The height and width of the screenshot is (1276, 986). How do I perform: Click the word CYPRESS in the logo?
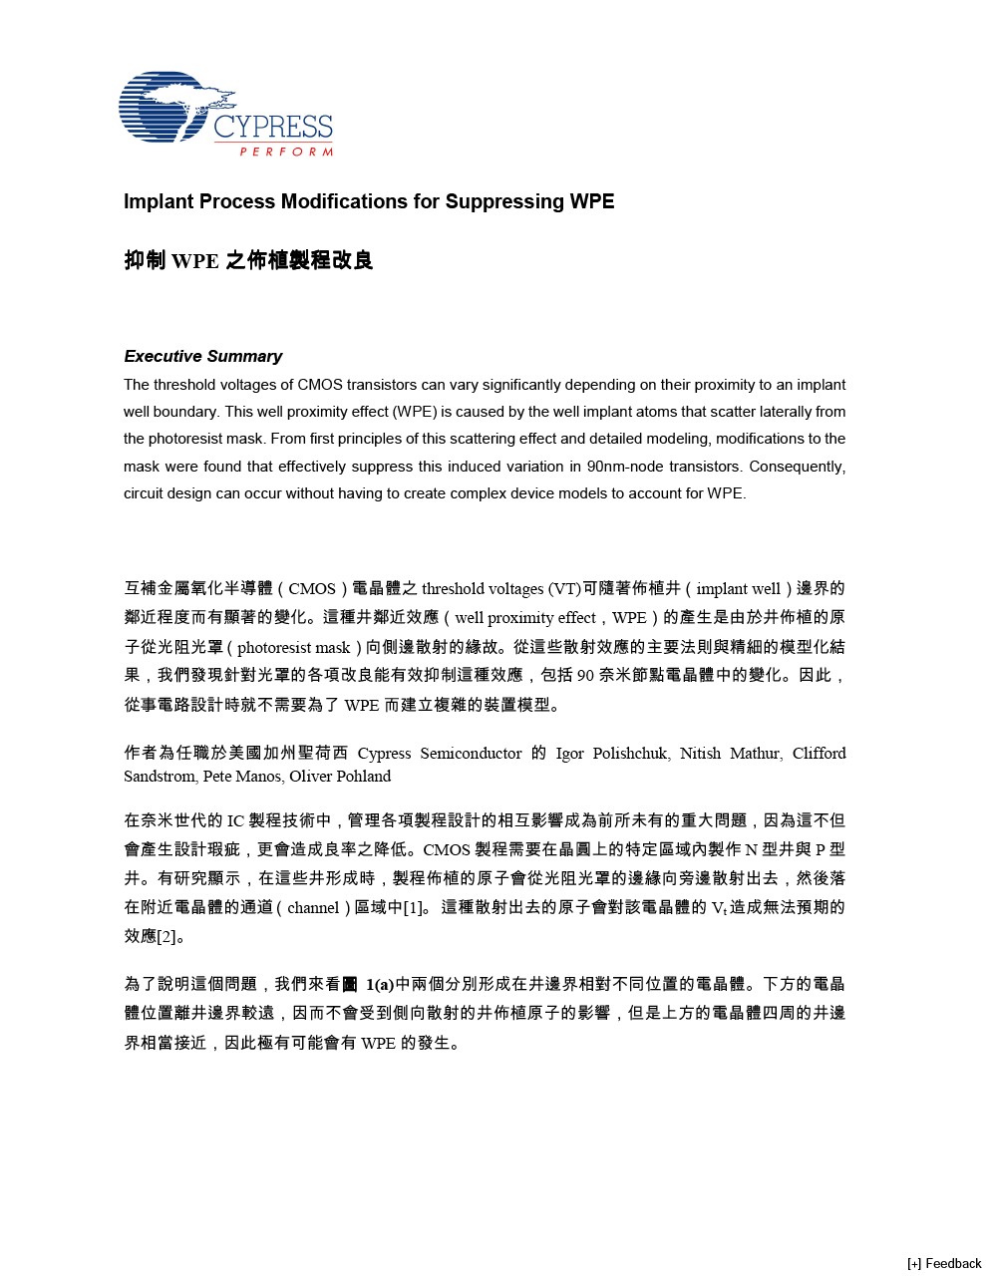(272, 128)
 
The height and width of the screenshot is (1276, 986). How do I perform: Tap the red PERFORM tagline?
(286, 152)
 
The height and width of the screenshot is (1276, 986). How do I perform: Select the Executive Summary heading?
(202, 356)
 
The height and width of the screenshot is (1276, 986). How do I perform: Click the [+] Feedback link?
(943, 1263)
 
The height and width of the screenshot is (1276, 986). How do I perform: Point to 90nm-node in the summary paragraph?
(625, 467)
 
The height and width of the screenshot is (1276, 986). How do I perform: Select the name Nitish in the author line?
(701, 754)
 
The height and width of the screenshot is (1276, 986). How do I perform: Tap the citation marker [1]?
(415, 908)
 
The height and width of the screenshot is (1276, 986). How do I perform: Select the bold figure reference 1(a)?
(379, 985)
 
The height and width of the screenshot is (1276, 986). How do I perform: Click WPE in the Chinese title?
(194, 261)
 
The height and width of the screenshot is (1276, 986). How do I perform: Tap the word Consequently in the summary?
(797, 467)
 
